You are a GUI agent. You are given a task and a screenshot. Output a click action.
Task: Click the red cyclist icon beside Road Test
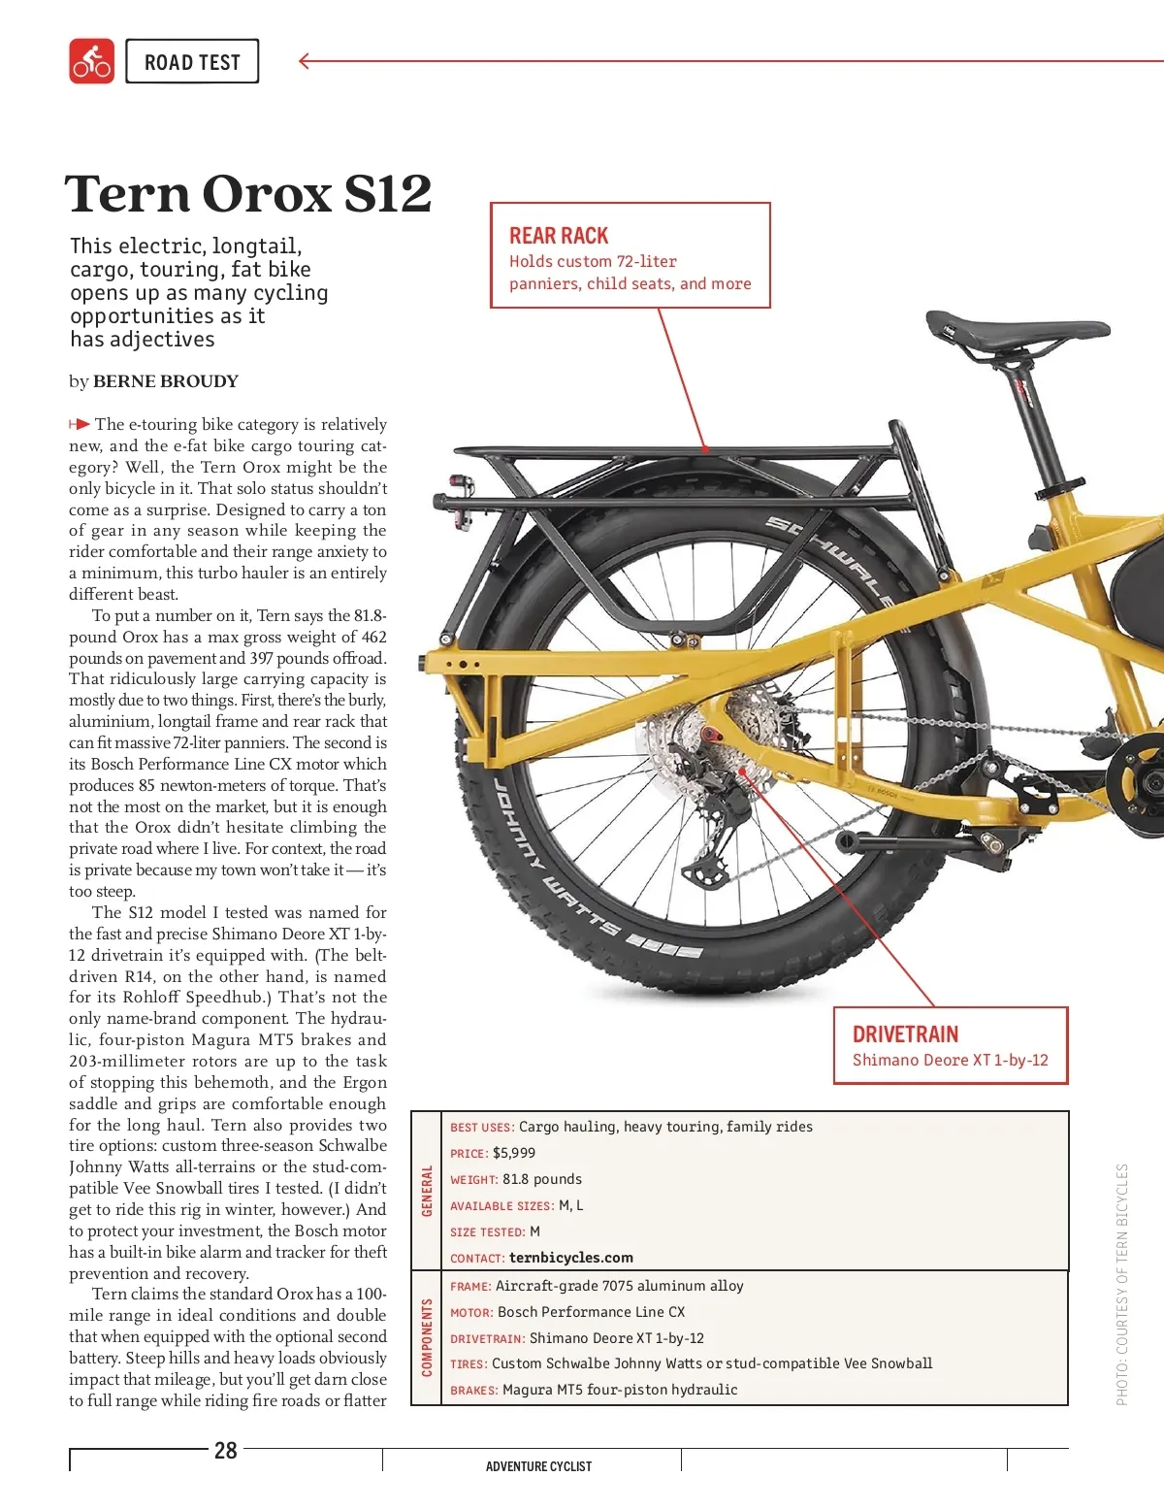point(91,61)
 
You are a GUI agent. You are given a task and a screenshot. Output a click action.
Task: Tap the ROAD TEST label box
point(192,62)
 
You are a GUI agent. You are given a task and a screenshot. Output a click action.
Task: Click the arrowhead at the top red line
point(305,61)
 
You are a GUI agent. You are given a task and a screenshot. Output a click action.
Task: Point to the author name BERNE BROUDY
point(165,381)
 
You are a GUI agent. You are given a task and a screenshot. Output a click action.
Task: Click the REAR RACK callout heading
point(559,236)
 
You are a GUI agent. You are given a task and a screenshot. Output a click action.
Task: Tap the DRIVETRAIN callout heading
point(905,1034)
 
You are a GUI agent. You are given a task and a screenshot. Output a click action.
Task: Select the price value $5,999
point(514,1153)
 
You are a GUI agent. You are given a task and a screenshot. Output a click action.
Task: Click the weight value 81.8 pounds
point(542,1179)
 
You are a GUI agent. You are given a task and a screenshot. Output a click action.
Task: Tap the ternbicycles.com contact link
point(571,1258)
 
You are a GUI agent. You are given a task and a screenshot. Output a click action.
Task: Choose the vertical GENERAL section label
point(427,1191)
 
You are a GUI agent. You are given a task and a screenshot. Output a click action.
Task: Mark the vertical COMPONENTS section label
point(427,1337)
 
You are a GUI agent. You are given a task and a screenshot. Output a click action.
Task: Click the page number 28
point(225,1451)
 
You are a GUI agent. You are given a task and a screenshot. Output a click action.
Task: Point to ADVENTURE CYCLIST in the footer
point(538,1466)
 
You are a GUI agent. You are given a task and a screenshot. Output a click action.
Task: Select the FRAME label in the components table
point(470,1287)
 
